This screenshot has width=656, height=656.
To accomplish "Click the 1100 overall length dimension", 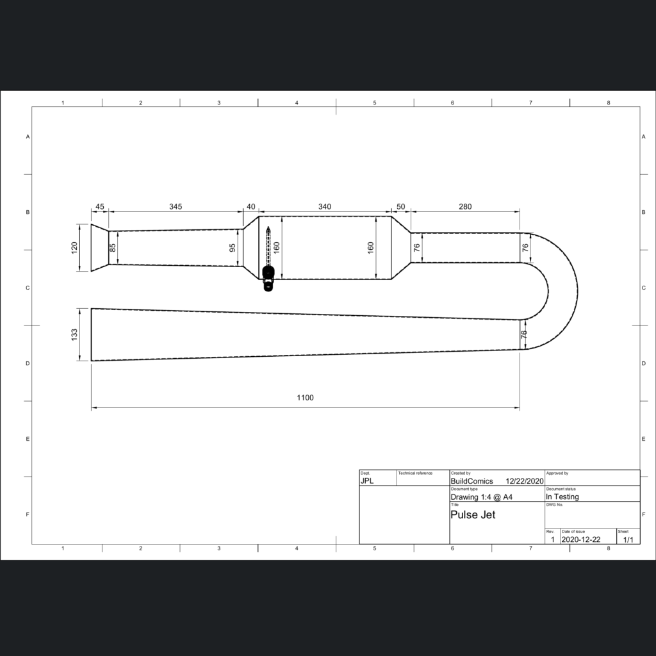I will (x=305, y=398).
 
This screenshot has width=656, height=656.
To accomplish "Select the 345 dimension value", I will (x=176, y=206).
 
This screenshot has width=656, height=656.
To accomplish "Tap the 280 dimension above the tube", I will (x=465, y=206).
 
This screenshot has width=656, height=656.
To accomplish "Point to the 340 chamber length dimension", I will (x=325, y=206).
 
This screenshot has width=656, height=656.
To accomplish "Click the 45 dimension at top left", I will (x=100, y=206).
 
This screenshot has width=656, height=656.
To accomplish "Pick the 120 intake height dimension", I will (x=74, y=247).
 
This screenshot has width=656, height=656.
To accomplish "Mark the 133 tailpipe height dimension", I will (x=74, y=334).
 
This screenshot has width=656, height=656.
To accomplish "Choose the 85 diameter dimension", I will (x=113, y=247).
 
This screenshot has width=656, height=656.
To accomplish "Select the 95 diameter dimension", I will (x=233, y=247).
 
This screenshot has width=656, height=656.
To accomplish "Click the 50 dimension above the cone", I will (x=401, y=206).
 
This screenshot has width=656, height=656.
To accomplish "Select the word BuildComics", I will (x=472, y=481).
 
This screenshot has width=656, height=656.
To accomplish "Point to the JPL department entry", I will (x=367, y=481).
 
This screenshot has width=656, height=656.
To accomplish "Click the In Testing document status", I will (x=562, y=496).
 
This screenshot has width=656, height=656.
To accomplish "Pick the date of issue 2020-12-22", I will (x=581, y=539).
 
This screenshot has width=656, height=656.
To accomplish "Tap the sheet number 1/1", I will (x=628, y=539).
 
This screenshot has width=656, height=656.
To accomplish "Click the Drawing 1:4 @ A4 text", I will (x=481, y=496).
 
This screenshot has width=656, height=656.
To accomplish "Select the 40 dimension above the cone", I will (x=251, y=206).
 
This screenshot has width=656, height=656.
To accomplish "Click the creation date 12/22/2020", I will (x=525, y=481).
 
